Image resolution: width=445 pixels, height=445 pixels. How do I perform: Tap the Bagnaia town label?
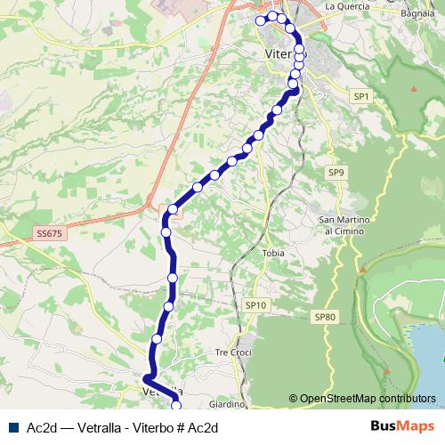417,14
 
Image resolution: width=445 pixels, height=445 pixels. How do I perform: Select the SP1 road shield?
360,95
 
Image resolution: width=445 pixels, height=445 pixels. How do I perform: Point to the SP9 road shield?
335,172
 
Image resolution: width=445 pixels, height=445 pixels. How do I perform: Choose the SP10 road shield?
255,305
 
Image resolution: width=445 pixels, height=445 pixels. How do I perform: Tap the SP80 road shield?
325,317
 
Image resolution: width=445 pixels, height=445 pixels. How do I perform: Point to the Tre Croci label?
234,352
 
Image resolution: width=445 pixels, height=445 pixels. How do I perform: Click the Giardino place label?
227,404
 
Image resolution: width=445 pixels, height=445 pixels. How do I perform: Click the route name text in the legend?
123,427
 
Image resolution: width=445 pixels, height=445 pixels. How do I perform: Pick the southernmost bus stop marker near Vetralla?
175,406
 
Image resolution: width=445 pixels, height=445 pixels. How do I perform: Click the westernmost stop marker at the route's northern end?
261,20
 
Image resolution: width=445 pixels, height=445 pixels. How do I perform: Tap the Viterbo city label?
283,54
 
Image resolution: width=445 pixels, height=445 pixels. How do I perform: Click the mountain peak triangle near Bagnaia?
414,89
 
